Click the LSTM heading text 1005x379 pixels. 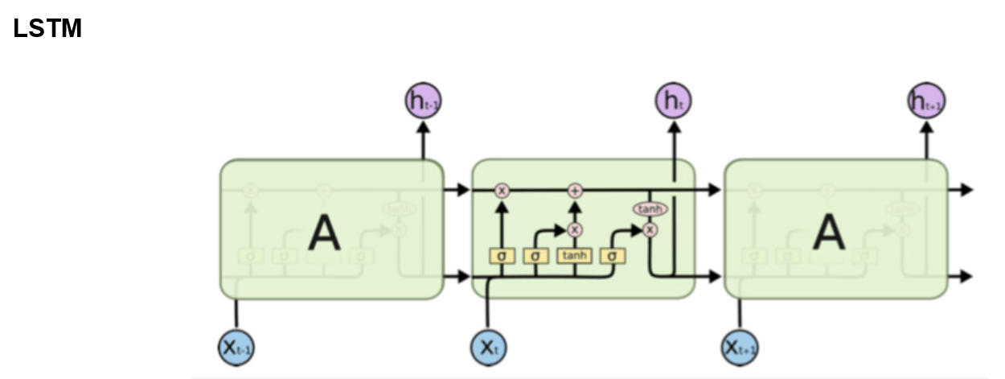coord(47,29)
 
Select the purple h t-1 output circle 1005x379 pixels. coord(423,101)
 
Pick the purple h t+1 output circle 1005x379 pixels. coord(926,101)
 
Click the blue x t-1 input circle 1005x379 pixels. coord(236,348)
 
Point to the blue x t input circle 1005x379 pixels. coord(488,348)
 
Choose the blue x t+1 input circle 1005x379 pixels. coord(740,348)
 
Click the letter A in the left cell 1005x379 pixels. coord(325,233)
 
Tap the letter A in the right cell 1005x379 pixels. coord(828,233)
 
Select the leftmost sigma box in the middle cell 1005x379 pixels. coord(502,256)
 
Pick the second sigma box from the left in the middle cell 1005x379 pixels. coord(536,256)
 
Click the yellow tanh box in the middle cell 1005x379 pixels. coord(575,256)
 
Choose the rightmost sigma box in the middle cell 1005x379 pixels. coord(613,256)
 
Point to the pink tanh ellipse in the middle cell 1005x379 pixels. coord(650,209)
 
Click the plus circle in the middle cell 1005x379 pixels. coord(575,191)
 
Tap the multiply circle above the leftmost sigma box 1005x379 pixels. coord(502,191)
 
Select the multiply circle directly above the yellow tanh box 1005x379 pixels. coord(575,229)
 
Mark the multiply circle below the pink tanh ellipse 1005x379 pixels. coord(650,229)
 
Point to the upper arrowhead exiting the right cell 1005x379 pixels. coord(966,191)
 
